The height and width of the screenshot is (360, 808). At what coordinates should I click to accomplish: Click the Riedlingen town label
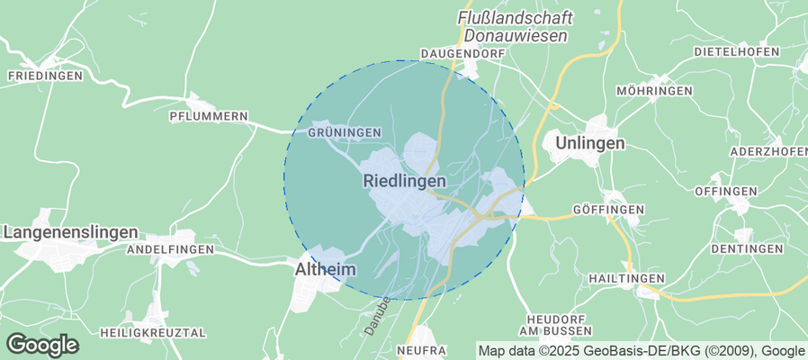pyautogui.click(x=405, y=181)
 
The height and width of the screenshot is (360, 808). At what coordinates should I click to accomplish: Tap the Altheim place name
pyautogui.click(x=326, y=269)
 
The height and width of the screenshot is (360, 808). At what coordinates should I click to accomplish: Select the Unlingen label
pyautogui.click(x=590, y=143)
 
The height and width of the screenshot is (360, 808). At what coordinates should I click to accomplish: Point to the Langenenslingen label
pyautogui.click(x=71, y=232)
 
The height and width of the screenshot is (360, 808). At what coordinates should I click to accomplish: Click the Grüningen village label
pyautogui.click(x=345, y=133)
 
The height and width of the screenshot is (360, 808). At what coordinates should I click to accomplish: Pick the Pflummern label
pyautogui.click(x=208, y=117)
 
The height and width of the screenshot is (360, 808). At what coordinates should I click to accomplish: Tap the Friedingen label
pyautogui.click(x=45, y=76)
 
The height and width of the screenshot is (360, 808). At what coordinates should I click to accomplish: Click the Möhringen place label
pyautogui.click(x=654, y=92)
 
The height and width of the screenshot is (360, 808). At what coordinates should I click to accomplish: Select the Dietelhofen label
pyautogui.click(x=737, y=52)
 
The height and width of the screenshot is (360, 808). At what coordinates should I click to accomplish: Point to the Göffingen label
pyautogui.click(x=609, y=210)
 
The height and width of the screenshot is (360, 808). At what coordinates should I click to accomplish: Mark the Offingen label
pyautogui.click(x=725, y=193)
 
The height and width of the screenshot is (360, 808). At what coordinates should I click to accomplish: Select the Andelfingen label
pyautogui.click(x=170, y=248)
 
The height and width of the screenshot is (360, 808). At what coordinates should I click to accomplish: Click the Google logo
pyautogui.click(x=42, y=344)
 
